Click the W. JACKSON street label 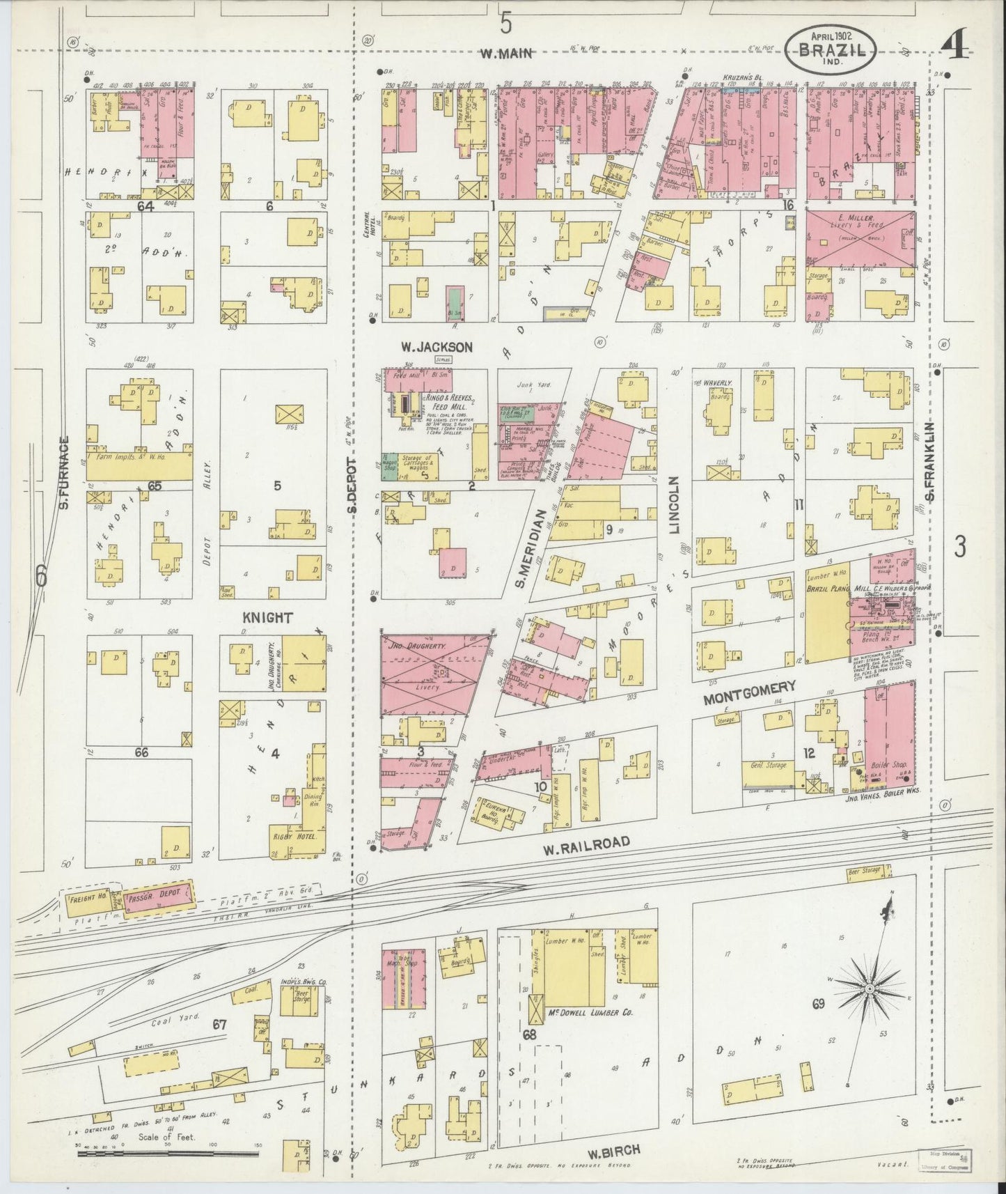click(437, 346)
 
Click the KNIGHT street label click(267, 617)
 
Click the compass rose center click(869, 990)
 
